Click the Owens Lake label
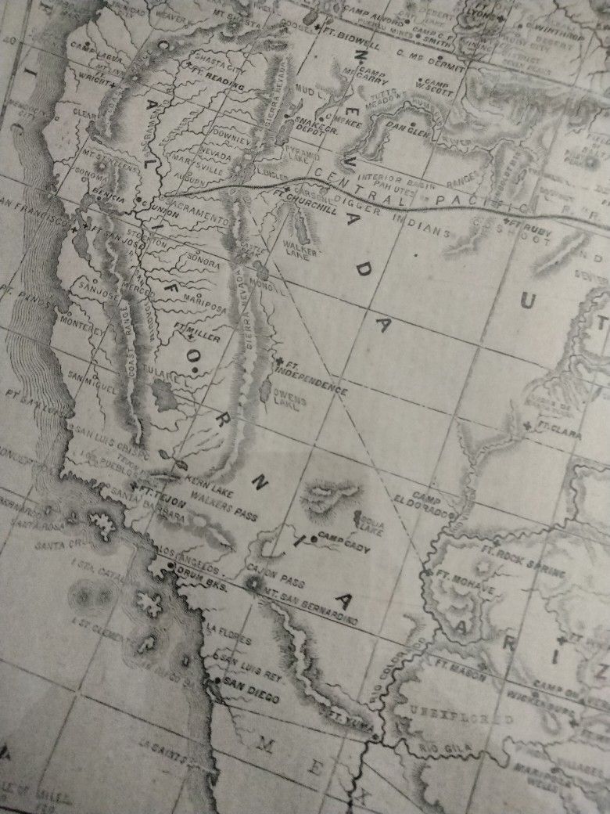pyautogui.click(x=291, y=402)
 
